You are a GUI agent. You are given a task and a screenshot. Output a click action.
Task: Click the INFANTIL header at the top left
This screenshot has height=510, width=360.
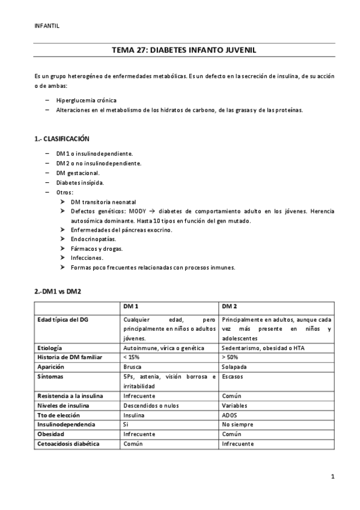point(47,25)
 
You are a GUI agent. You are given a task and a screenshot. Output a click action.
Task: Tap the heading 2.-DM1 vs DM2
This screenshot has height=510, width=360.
point(58,292)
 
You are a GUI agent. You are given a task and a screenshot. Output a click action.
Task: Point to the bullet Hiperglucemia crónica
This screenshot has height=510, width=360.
point(87,100)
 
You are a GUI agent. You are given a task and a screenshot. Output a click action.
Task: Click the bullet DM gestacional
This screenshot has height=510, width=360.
point(82,173)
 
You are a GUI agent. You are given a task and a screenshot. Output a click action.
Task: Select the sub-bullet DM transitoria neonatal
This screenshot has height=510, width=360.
point(103,202)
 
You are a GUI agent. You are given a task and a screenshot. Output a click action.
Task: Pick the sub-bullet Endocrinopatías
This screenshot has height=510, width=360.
point(93,239)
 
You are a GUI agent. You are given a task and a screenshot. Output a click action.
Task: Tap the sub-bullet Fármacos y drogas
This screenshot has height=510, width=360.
point(96,248)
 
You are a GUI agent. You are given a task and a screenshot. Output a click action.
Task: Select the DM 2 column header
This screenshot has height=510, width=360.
point(230,307)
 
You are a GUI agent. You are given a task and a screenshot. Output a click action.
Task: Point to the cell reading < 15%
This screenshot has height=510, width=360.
point(130,357)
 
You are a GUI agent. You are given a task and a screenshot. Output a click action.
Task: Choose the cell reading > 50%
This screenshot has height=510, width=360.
point(230,357)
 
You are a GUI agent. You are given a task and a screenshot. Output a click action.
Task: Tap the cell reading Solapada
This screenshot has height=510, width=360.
point(234,367)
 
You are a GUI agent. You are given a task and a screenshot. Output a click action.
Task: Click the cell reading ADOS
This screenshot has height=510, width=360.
point(230,415)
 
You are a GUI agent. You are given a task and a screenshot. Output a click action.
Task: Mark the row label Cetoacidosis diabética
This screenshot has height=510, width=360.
point(68,444)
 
